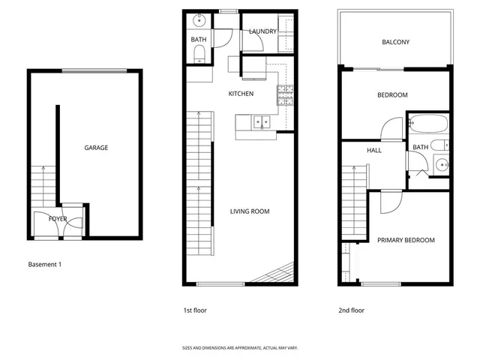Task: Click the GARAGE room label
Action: pyautogui.click(x=96, y=148)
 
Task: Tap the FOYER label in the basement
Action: pyautogui.click(x=58, y=219)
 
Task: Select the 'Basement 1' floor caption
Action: pyautogui.click(x=44, y=265)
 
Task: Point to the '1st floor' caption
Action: pyautogui.click(x=195, y=310)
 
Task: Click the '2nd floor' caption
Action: pyautogui.click(x=351, y=310)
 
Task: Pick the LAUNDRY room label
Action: pyautogui.click(x=263, y=31)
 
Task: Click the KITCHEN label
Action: pyautogui.click(x=241, y=94)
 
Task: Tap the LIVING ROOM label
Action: pyautogui.click(x=250, y=211)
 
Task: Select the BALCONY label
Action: pyautogui.click(x=396, y=42)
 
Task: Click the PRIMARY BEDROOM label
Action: pyautogui.click(x=406, y=240)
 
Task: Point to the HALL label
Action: pyautogui.click(x=374, y=151)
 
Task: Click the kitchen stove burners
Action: pyautogui.click(x=285, y=94)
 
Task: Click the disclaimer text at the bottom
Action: pyautogui.click(x=240, y=348)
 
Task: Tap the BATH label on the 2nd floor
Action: pyautogui.click(x=421, y=147)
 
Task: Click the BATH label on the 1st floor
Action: pyautogui.click(x=199, y=39)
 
